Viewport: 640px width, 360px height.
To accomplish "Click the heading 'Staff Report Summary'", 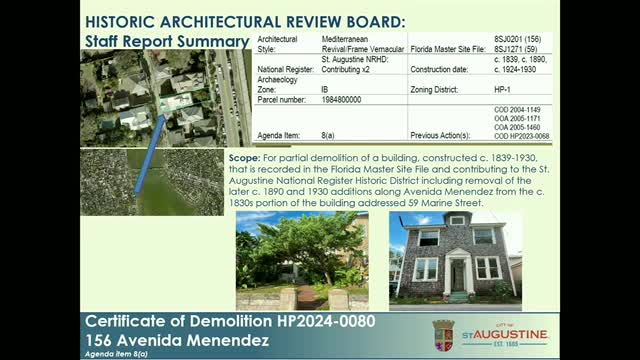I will coord(167,42).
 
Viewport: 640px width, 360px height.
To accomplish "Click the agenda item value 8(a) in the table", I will coord(328,119).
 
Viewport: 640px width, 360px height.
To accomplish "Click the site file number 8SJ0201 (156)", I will coord(515,36).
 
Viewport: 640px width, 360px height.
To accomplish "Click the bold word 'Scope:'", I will coord(243,158).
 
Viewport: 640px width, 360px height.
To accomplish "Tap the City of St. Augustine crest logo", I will coord(442,335).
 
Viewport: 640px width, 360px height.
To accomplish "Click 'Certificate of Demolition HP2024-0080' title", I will coord(199,322).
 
